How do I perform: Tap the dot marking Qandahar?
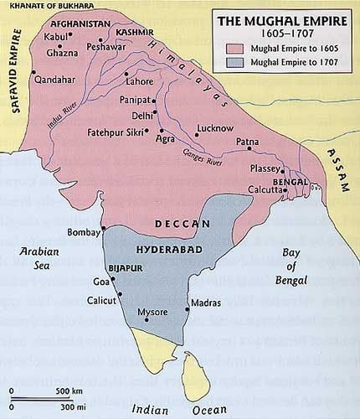click(x=34, y=73)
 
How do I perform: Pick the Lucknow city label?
click(x=212, y=128)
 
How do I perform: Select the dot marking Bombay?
click(x=102, y=228)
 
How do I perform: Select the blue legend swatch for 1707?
click(x=236, y=63)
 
